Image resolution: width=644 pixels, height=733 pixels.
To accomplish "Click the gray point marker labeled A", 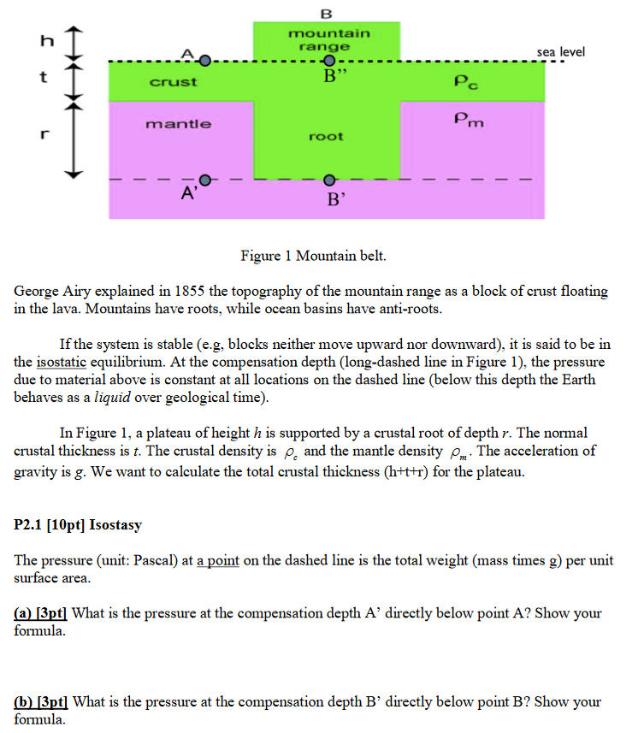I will pyautogui.click(x=204, y=61).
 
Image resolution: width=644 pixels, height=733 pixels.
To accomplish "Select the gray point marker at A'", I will pyautogui.click(x=204, y=180).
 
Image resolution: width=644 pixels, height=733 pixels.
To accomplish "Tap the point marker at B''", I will pyautogui.click(x=329, y=62).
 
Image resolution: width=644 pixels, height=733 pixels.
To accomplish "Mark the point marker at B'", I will pyautogui.click(x=329, y=180).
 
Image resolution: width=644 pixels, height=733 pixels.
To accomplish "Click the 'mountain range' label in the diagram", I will pyautogui.click(x=329, y=39).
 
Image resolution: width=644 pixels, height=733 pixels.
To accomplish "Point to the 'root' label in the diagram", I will pyautogui.click(x=327, y=136).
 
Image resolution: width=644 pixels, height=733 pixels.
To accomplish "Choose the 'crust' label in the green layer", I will pyautogui.click(x=174, y=82).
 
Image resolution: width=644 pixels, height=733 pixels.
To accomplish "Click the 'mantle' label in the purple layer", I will pyautogui.click(x=178, y=124).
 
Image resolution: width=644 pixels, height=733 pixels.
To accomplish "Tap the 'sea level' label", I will pyautogui.click(x=561, y=52).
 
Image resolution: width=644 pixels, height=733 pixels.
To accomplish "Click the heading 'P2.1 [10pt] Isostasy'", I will pyautogui.click(x=78, y=524).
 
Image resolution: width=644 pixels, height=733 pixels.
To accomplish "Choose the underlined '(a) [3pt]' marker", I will pyautogui.click(x=42, y=613).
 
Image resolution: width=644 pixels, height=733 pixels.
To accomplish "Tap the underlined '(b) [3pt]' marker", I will pyautogui.click(x=43, y=702).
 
